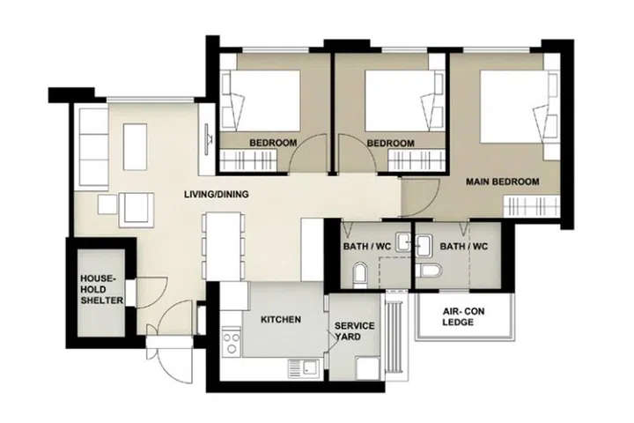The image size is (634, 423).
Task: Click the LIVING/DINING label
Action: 217,194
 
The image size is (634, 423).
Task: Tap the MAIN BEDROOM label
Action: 502,182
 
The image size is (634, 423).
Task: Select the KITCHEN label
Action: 281,319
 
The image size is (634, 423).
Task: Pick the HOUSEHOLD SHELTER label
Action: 101,289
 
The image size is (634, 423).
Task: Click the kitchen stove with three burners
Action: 232,342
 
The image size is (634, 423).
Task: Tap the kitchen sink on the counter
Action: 303,369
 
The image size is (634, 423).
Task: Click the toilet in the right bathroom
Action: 430,271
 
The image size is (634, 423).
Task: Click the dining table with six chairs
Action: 224,247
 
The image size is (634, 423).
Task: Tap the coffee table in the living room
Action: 135,147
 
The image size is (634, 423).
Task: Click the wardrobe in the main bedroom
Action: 532,205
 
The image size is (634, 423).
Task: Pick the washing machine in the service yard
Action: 368,368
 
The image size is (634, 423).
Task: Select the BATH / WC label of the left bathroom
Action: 366,246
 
